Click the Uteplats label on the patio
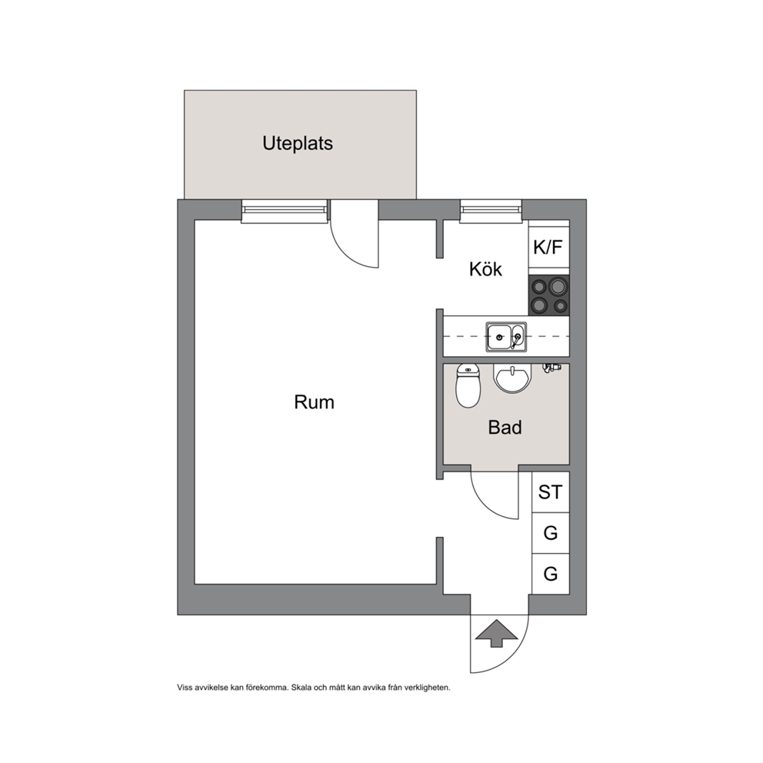[x=298, y=144]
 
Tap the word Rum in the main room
[x=314, y=402]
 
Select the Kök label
[x=485, y=269]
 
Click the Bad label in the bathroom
[x=505, y=427]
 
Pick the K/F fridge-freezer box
[x=549, y=247]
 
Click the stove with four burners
[x=549, y=295]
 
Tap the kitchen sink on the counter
[x=506, y=337]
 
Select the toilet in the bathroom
[x=468, y=385]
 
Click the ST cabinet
[x=551, y=492]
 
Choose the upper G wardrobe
[x=551, y=533]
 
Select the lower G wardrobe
[x=551, y=574]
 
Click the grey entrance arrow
[x=496, y=633]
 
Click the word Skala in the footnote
[x=302, y=688]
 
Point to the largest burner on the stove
[x=558, y=285]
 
